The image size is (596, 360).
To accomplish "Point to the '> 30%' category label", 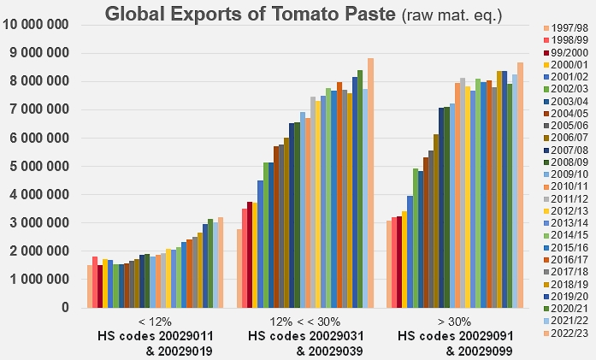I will [x=454, y=322].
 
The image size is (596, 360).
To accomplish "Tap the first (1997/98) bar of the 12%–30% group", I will [x=240, y=268].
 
